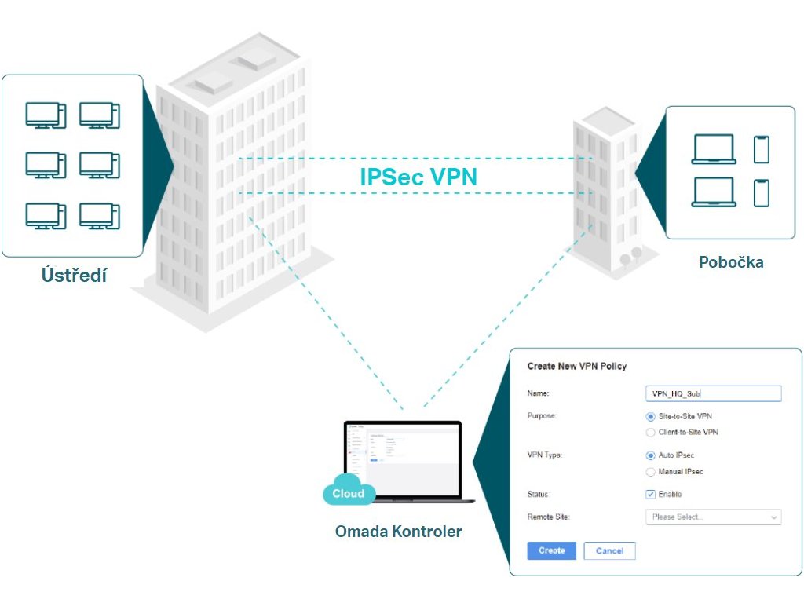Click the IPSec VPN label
tap(418, 177)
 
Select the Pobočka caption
tap(731, 262)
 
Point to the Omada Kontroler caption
tap(398, 532)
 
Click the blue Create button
tap(551, 550)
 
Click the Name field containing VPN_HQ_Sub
tap(712, 393)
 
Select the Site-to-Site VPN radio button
tap(650, 416)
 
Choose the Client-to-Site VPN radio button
tap(650, 432)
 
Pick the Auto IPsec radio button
tap(650, 455)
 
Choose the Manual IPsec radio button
tap(650, 472)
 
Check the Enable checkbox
tap(650, 494)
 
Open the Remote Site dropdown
tap(712, 517)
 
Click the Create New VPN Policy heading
tap(577, 367)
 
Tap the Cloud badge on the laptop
tap(349, 492)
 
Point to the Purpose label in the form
tap(542, 416)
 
